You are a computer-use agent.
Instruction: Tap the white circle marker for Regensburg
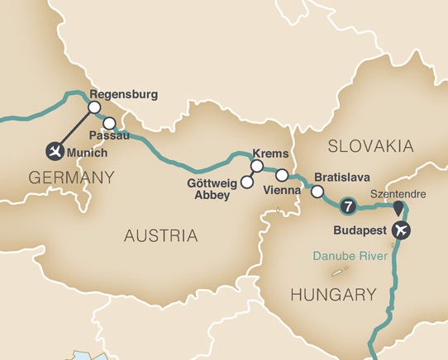[x=94, y=107]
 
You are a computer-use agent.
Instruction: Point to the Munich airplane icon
[x=55, y=150]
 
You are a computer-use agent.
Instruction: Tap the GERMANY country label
[x=70, y=177]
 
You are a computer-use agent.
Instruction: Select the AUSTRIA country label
[x=161, y=236]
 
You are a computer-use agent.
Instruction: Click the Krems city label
[x=273, y=154]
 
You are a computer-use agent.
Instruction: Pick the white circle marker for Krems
[x=256, y=166]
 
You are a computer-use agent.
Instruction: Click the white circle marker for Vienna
[x=281, y=175]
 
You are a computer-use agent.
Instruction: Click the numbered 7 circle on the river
[x=348, y=205]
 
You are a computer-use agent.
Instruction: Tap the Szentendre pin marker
[x=399, y=206]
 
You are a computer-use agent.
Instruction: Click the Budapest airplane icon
[x=403, y=229]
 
